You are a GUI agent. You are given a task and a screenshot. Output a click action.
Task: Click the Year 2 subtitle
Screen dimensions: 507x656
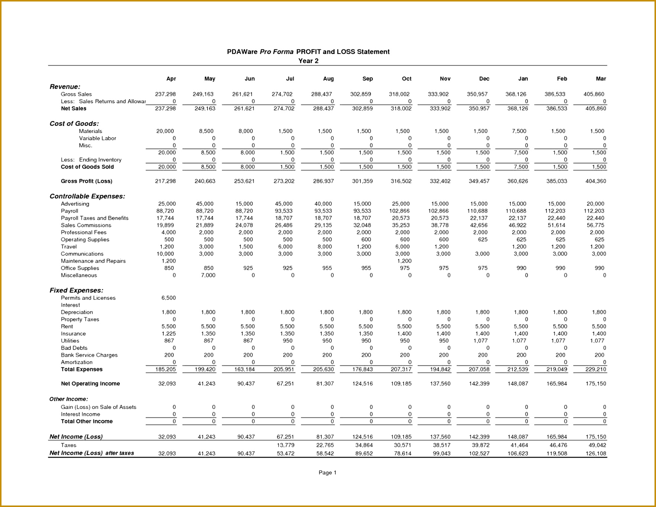(308, 61)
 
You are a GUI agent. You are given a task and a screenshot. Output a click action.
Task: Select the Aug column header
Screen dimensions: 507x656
(328, 79)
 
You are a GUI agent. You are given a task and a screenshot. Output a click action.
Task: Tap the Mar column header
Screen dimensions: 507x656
(601, 79)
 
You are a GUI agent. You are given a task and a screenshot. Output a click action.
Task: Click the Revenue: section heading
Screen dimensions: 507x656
(65, 87)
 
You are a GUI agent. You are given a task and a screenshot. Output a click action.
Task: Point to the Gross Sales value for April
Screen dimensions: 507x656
(165, 94)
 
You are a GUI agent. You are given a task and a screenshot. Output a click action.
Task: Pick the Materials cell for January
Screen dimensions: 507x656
(519, 131)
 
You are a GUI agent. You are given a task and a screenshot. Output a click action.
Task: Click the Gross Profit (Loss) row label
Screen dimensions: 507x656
(87, 181)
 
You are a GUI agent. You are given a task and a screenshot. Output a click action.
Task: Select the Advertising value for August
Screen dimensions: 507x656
(323, 204)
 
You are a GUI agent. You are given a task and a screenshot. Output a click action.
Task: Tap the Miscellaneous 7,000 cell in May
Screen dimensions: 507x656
(208, 276)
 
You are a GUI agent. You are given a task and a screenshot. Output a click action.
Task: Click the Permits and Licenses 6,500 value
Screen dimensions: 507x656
(169, 298)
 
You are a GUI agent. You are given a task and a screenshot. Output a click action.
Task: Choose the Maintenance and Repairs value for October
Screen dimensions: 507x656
(404, 261)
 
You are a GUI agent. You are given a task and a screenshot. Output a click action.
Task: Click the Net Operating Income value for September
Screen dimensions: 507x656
(362, 384)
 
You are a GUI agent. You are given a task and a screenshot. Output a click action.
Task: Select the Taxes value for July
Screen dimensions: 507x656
(285, 445)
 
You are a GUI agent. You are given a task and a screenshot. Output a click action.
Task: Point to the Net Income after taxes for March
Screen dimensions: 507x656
(595, 454)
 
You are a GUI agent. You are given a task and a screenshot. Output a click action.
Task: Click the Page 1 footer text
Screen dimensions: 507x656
(327, 473)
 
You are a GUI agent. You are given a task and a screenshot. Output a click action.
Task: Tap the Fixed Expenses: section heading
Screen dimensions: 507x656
(76, 290)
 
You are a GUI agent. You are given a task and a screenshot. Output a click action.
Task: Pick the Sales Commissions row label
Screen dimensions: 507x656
(86, 225)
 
